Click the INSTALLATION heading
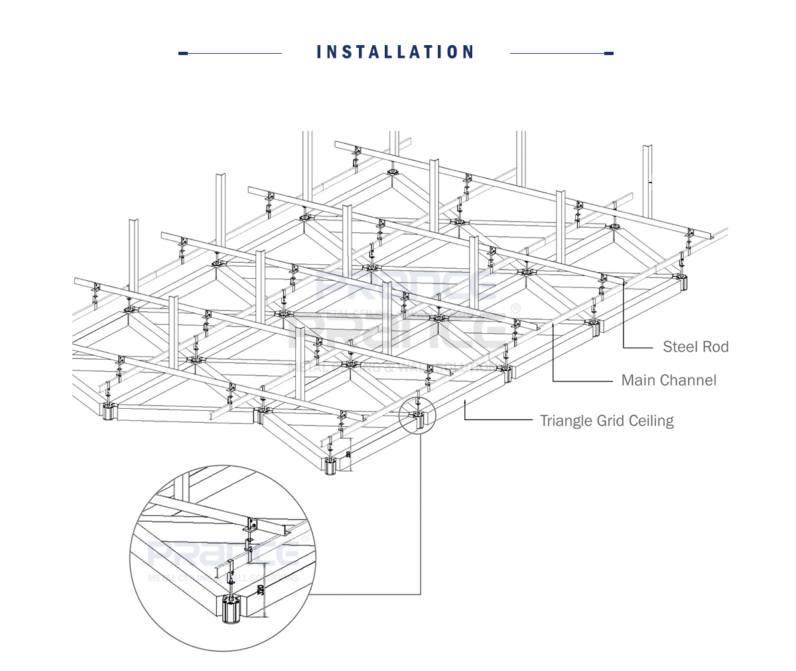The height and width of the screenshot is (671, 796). tap(395, 52)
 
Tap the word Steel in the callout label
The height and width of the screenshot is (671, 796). tap(679, 346)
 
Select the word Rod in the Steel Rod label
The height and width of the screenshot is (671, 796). tap(715, 346)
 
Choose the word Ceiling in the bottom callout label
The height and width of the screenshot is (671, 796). tap(651, 421)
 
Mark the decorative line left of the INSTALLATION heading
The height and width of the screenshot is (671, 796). tap(231, 53)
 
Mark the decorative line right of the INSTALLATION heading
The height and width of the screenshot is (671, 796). tap(561, 53)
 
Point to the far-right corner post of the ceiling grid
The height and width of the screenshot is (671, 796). tap(682, 281)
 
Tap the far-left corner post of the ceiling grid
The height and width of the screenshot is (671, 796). tap(108, 412)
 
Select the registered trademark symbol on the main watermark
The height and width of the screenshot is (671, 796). tap(515, 309)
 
